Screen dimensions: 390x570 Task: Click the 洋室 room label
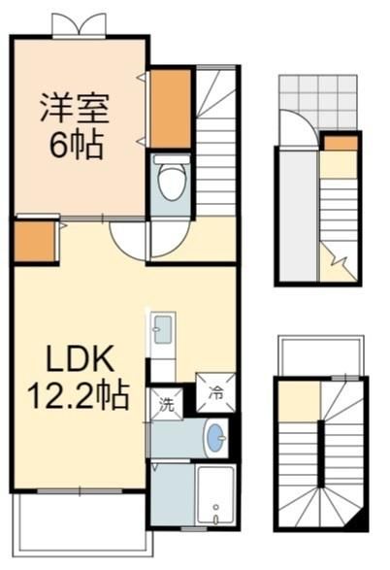[75, 107]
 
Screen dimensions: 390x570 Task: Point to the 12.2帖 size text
[79, 395]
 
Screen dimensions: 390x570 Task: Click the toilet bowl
[172, 182]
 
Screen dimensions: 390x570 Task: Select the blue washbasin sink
[216, 438]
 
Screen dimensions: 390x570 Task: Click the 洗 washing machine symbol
[167, 404]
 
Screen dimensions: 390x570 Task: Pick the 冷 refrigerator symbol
[215, 392]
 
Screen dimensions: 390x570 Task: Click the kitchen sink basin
[163, 329]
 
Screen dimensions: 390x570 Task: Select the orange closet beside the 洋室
[171, 109]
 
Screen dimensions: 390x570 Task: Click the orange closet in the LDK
[35, 242]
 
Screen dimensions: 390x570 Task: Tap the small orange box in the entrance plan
[341, 143]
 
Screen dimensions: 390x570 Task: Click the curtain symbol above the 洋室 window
[80, 24]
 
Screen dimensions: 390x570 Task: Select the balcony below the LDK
[82, 522]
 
